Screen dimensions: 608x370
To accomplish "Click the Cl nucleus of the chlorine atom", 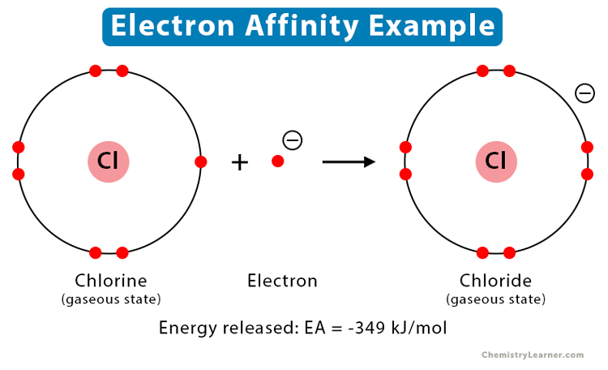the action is (109, 161).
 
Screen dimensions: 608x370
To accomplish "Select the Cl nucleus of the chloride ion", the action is (496, 161).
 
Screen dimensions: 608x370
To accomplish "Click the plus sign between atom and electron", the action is (239, 161).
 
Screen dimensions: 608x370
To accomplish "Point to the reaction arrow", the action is (349, 161).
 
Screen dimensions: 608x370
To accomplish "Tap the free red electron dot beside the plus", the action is (277, 161).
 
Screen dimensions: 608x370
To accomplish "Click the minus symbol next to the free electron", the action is (293, 140).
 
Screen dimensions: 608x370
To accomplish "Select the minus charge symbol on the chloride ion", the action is (584, 93).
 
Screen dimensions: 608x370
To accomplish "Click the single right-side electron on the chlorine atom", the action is (200, 161).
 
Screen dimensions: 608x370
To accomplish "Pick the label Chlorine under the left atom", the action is (111, 281).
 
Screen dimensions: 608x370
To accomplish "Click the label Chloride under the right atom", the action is (495, 281).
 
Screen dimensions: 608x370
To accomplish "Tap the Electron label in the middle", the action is (282, 281).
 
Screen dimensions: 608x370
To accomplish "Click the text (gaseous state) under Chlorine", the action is (111, 299).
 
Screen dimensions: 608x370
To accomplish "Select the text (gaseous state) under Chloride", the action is (495, 299).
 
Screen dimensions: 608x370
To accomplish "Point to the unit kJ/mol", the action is (424, 328).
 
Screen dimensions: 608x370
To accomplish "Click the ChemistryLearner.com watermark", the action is (533, 355).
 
